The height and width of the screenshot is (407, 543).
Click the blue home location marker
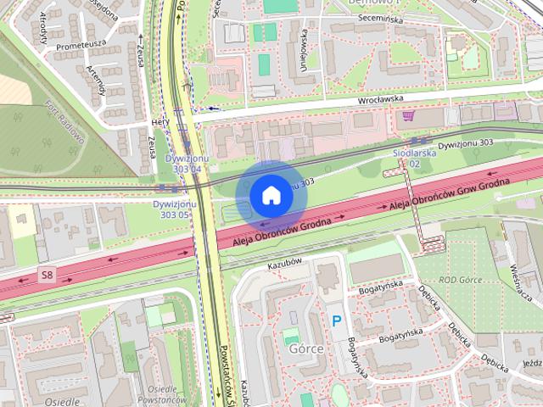[271, 195]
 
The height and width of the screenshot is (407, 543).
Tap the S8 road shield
[48, 274]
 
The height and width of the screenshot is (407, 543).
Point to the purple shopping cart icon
[409, 116]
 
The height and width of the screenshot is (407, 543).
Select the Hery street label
[157, 121]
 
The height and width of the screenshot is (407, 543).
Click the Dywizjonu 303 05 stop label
[175, 209]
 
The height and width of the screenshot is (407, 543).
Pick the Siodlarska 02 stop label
[414, 159]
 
